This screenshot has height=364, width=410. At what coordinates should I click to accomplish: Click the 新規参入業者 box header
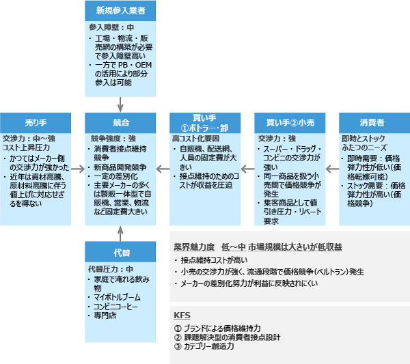tap(120, 10)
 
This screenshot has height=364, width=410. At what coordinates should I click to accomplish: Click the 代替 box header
tap(120, 252)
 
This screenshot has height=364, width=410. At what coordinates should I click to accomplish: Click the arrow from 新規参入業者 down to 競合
tap(120, 103)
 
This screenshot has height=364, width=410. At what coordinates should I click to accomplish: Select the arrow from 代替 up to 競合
tap(120, 233)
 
